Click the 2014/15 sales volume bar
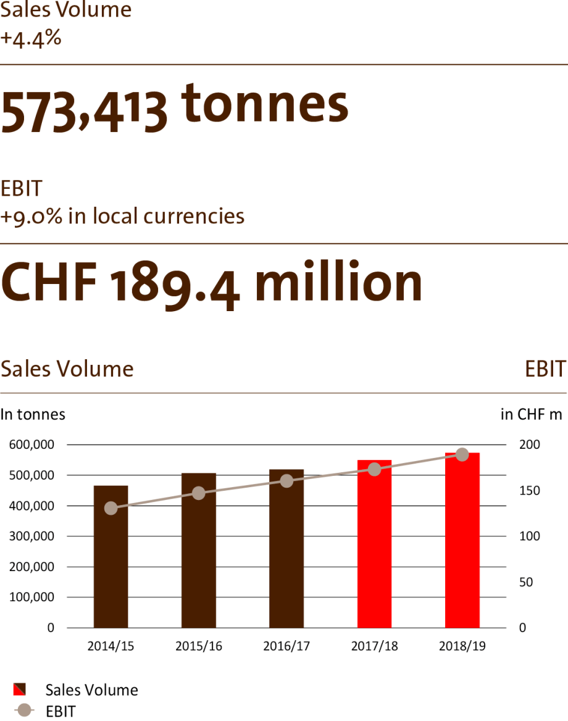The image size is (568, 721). [111, 556]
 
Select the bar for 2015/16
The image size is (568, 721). [199, 550]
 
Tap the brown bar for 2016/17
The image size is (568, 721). [286, 548]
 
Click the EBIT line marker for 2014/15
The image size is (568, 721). [111, 508]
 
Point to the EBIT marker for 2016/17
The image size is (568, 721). [286, 480]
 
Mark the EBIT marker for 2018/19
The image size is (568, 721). [462, 454]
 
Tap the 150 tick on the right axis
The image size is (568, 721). [529, 491]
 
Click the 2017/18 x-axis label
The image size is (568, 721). [374, 646]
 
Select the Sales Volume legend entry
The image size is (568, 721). [91, 690]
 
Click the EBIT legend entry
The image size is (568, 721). [60, 711]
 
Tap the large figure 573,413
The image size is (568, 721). [84, 111]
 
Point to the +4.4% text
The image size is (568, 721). [31, 38]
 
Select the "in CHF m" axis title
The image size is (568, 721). [531, 414]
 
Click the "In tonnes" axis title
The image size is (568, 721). [33, 414]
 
